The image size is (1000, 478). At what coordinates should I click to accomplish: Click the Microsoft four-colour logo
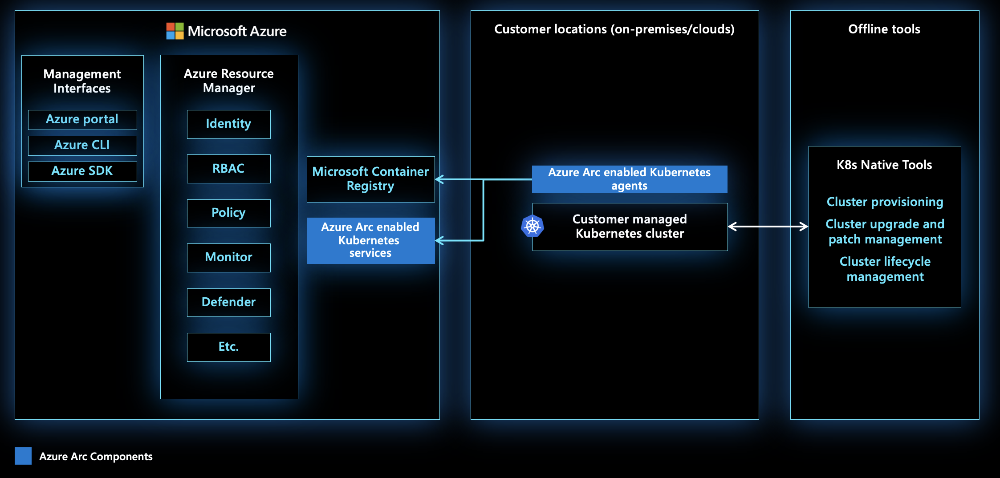coord(175,31)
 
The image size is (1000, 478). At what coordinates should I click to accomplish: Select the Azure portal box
coord(82,120)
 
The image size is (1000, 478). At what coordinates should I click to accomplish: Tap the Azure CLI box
coord(82,146)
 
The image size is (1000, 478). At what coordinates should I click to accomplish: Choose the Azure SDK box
coord(82,171)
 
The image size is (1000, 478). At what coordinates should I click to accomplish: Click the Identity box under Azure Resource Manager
coord(228,124)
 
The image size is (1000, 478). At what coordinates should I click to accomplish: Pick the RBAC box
coord(228,169)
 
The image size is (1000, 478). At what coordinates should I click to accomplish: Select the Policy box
coord(228,213)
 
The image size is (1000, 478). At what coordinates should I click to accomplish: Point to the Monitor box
coord(228,258)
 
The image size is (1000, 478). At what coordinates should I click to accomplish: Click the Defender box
coord(228,302)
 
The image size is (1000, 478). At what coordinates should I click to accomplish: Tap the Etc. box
coord(228,347)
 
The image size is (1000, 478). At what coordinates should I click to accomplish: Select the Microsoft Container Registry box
coord(370,179)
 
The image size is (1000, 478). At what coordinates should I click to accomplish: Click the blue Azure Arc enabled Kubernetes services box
coord(370,240)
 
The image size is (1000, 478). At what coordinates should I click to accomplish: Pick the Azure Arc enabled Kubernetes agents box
coord(629,179)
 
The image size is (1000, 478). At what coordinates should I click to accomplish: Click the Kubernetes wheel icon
coord(533,226)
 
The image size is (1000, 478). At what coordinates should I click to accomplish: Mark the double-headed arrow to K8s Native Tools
coord(768,227)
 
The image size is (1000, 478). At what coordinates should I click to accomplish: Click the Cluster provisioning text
coord(885,202)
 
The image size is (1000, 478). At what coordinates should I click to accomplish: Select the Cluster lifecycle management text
coord(885,269)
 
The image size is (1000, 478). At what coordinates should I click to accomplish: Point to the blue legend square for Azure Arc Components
coord(23,456)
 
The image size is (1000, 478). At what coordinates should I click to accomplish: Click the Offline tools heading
coord(884,29)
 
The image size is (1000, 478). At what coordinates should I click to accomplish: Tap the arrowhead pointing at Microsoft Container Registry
coord(439,179)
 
